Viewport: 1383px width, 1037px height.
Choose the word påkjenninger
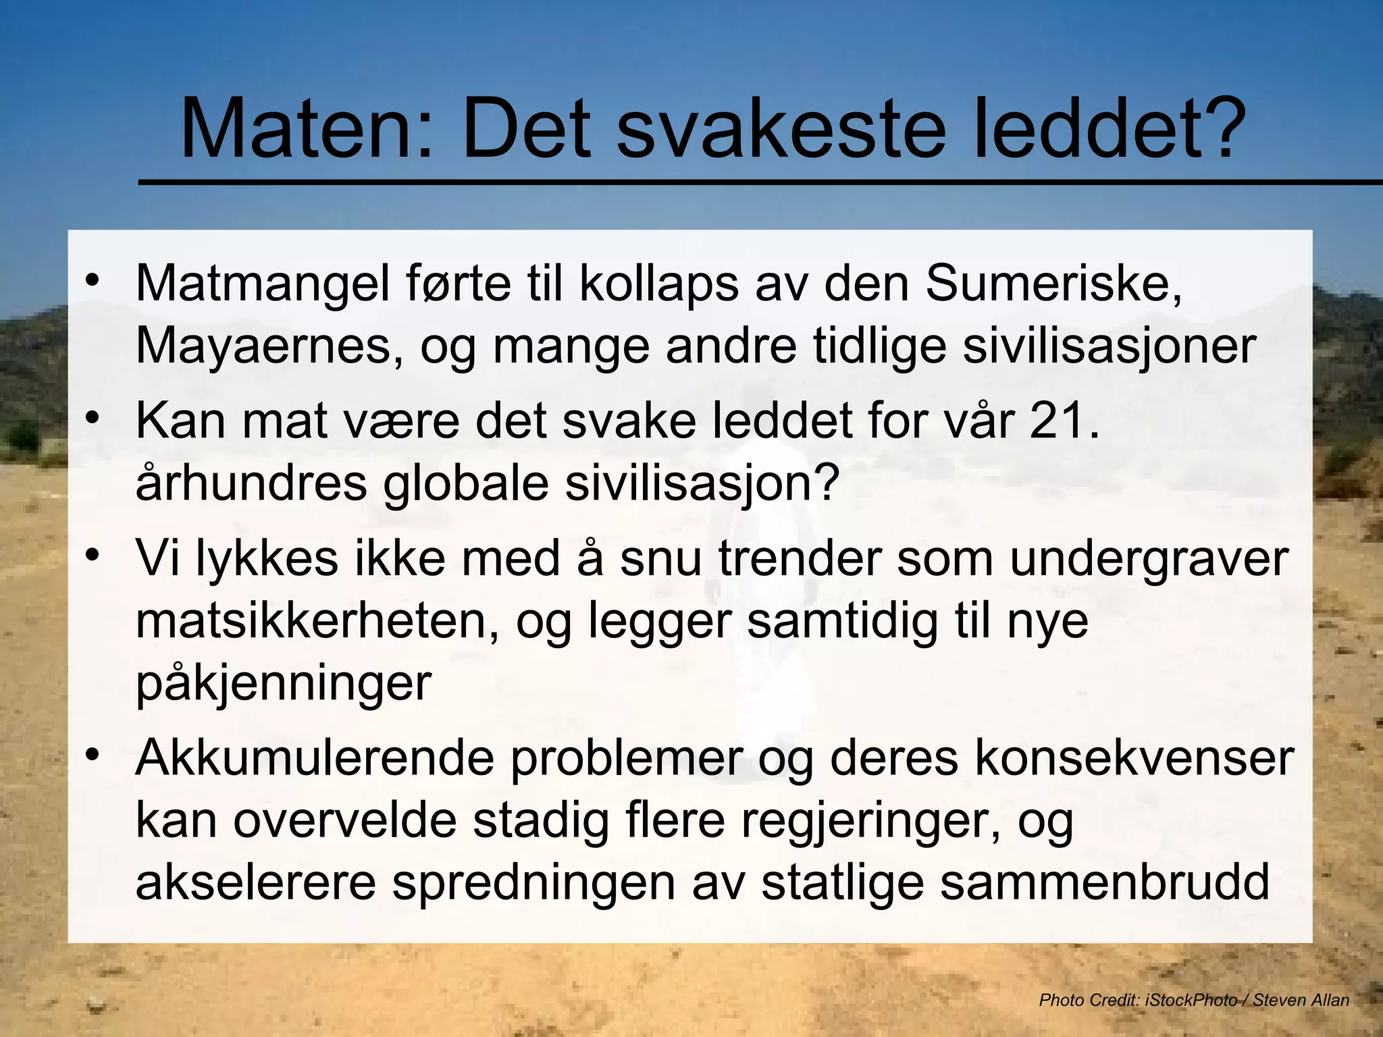coord(284,683)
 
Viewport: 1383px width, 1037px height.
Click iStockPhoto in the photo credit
coord(1191,1000)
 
